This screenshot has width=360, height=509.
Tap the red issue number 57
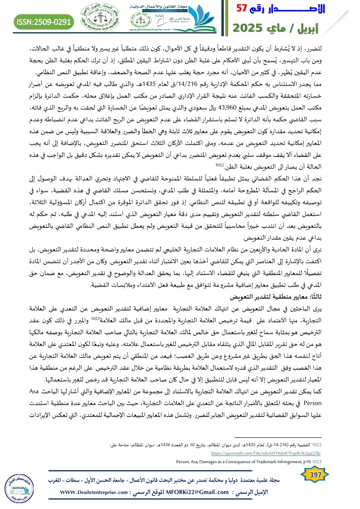coord(243,9)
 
